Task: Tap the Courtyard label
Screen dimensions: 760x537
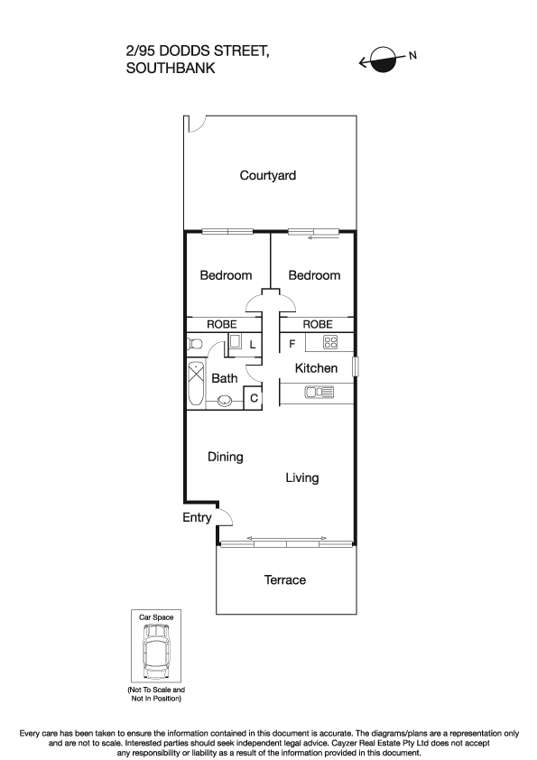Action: [x=268, y=176]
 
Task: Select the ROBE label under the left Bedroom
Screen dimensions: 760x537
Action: [x=222, y=324]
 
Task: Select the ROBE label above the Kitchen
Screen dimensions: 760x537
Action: [x=317, y=324]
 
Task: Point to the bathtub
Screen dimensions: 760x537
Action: [x=197, y=385]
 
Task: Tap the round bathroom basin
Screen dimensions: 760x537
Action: [x=225, y=402]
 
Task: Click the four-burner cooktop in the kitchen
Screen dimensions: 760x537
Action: [x=330, y=342]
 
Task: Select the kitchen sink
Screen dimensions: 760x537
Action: [x=319, y=392]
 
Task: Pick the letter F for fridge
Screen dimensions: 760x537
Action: [x=292, y=344]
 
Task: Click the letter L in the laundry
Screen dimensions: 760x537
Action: [x=253, y=345]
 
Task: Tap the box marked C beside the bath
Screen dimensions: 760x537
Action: [x=254, y=397]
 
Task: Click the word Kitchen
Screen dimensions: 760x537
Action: [x=316, y=368]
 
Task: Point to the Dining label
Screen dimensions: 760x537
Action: [x=226, y=457]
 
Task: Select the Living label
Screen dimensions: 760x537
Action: [x=301, y=477]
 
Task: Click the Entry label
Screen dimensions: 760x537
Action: [x=197, y=517]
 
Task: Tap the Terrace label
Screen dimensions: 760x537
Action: [x=284, y=579]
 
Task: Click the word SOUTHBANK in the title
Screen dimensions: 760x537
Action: [x=171, y=68]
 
